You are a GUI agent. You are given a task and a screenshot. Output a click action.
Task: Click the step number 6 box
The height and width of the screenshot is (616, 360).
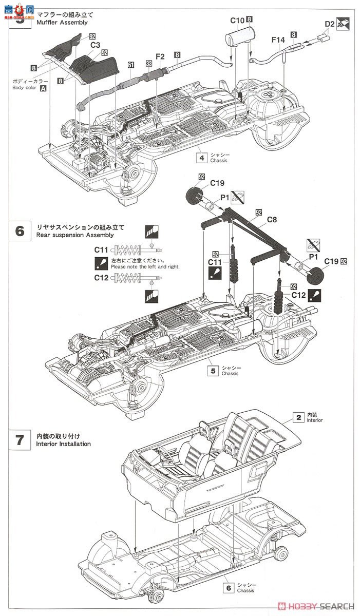pos(20,231)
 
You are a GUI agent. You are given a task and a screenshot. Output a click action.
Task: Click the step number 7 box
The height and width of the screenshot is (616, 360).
pos(20,440)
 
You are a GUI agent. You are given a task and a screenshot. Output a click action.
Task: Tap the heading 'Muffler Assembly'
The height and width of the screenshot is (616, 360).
pos(62,23)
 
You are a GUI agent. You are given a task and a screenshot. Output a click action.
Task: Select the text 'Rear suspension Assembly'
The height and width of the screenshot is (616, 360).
pos(75,235)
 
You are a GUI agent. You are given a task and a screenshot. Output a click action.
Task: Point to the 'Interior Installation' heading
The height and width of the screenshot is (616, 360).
pos(64,444)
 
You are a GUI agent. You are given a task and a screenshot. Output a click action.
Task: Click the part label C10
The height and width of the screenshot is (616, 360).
pos(237,20)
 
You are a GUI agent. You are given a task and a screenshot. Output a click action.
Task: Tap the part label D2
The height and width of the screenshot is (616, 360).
pos(330,24)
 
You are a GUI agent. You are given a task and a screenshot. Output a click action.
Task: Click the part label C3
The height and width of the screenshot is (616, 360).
pos(95,45)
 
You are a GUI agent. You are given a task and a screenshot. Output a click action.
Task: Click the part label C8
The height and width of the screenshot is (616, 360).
pos(272,220)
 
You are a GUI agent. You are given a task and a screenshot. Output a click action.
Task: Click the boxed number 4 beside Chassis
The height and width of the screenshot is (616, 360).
pos(202,158)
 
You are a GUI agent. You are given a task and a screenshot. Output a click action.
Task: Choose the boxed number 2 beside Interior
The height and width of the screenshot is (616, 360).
pos(298,417)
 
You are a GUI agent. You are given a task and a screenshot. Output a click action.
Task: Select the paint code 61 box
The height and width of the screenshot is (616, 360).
pos(131,65)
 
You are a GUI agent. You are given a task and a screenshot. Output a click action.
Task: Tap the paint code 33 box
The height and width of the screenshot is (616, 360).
pos(148,64)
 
